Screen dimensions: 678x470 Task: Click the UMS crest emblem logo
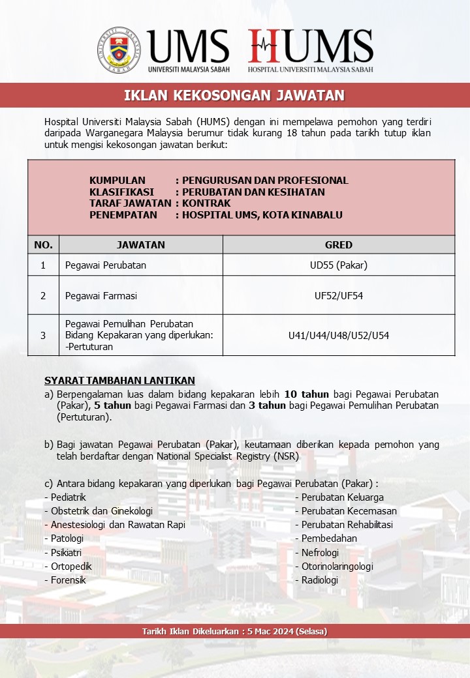coord(120,49)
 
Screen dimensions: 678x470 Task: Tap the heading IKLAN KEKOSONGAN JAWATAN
coord(234,96)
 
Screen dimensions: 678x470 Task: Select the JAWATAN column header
coord(140,245)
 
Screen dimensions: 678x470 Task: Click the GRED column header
coord(338,245)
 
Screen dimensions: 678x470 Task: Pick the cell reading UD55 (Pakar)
coord(338,265)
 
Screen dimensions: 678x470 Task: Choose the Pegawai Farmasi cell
coord(101,295)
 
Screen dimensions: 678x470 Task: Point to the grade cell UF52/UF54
coord(338,295)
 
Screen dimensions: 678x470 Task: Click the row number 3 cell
coord(43,335)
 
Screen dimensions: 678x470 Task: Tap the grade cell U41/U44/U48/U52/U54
coord(338,335)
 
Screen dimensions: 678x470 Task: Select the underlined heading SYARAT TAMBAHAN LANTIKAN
coord(119,381)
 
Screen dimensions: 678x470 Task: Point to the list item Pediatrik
coord(68,497)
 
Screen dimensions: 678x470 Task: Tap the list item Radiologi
coord(319,580)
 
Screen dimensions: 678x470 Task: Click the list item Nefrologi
coord(320,552)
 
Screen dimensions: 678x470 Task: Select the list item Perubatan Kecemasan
coord(349,511)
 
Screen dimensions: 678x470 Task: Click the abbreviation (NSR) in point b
coord(286,456)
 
